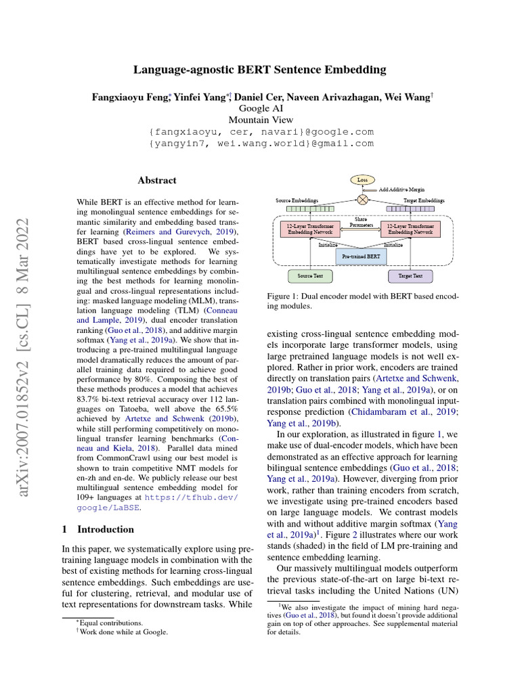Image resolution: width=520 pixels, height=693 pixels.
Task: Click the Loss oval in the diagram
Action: pos(362,180)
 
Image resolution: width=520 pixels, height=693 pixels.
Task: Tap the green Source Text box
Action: pos(311,276)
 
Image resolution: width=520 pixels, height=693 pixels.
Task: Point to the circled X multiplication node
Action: pos(362,200)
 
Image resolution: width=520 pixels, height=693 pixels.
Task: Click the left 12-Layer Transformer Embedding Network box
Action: pos(311,229)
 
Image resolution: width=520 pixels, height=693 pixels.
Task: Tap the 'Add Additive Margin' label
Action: pos(406,191)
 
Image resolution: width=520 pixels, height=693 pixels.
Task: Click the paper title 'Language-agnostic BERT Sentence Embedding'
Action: pos(260,70)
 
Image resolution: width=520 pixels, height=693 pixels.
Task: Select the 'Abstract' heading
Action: pos(157,181)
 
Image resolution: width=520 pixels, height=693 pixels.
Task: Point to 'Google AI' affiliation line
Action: pos(261,108)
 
